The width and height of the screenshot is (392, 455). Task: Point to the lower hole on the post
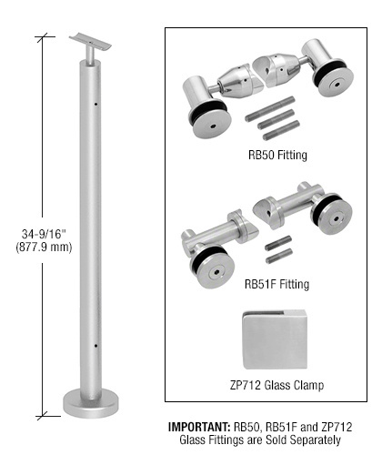(x=95, y=345)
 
